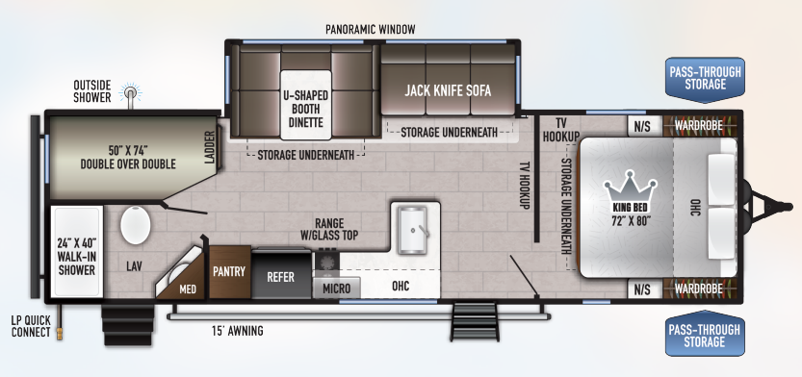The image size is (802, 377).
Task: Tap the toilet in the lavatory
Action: (136, 225)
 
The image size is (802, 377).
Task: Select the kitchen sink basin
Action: (412, 231)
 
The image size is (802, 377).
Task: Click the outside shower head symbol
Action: (131, 94)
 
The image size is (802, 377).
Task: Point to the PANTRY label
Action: (229, 271)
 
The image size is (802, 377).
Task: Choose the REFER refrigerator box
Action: (281, 274)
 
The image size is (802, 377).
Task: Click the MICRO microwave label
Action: (337, 289)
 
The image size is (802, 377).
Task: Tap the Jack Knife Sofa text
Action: (448, 91)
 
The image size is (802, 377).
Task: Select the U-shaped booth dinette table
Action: (306, 105)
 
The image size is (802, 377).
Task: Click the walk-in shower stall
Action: (77, 251)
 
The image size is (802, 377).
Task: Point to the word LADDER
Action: (210, 147)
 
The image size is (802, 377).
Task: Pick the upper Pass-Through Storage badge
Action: (705, 79)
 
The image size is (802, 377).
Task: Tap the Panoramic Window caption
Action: (371, 30)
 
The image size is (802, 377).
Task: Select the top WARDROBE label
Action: (698, 125)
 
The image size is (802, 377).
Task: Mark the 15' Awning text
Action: (237, 331)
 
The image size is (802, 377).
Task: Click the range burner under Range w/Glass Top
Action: (326, 262)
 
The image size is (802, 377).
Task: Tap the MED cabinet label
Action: (188, 289)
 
